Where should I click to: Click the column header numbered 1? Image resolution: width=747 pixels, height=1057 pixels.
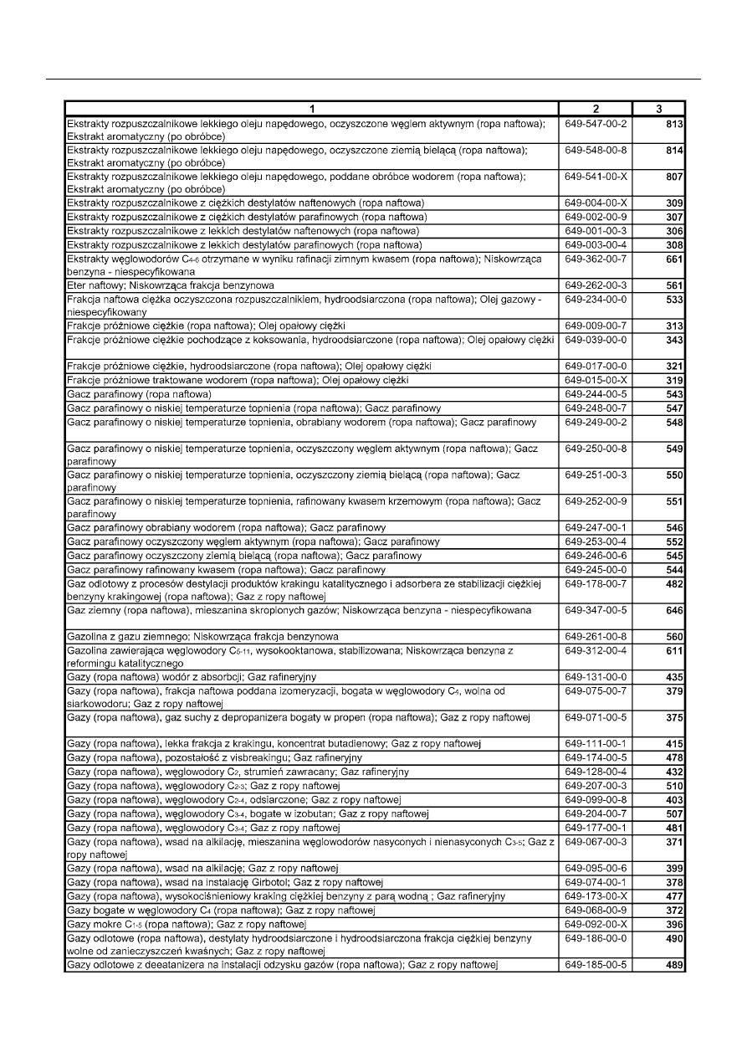[x=311, y=109]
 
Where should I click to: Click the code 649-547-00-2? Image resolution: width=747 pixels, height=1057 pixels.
[x=596, y=125]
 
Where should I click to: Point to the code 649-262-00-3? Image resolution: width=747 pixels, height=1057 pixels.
[x=596, y=285]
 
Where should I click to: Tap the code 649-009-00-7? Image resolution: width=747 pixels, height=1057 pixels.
[x=596, y=325]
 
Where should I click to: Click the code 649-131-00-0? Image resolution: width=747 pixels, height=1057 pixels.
[x=596, y=676]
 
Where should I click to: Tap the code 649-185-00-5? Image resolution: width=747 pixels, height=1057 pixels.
[x=596, y=965]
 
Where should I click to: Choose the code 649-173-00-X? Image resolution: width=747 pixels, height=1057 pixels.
[x=596, y=897]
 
